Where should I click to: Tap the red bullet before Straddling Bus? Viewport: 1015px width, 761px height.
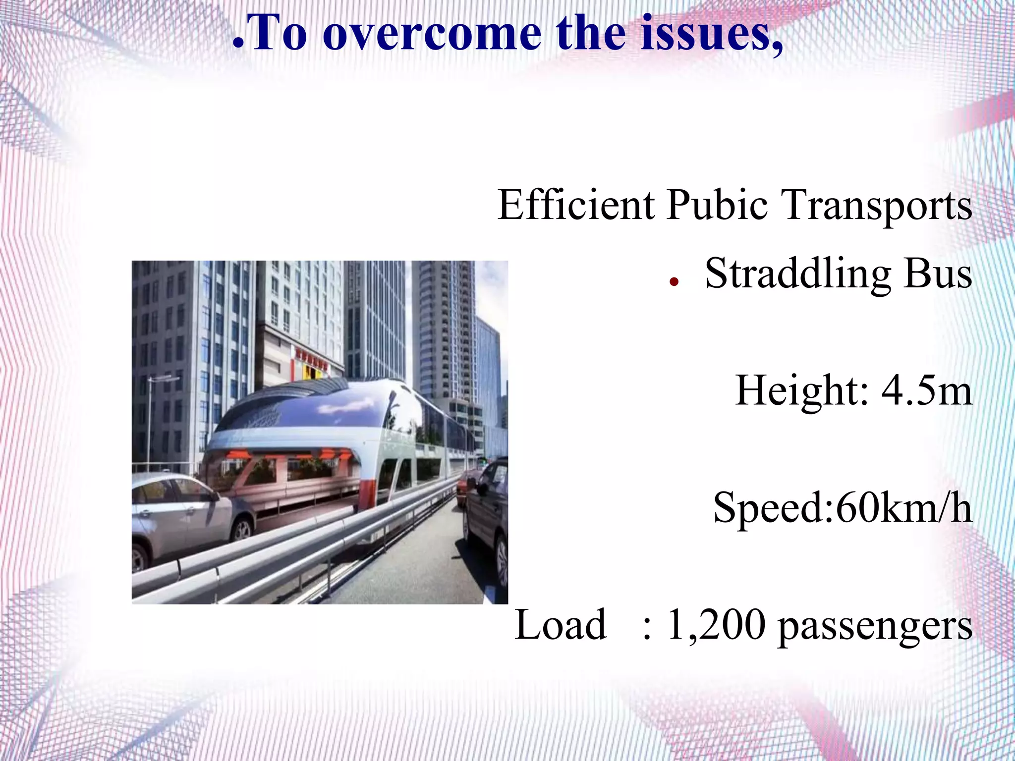pos(674,282)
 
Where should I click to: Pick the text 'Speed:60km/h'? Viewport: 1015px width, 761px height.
pos(843,508)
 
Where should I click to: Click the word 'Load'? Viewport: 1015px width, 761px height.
pos(561,625)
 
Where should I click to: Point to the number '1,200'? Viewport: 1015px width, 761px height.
pos(716,625)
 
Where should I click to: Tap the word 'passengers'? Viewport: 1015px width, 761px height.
pos(875,626)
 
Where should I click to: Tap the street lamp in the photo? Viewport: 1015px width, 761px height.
pos(150,421)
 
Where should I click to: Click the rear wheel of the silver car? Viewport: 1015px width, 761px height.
pos(242,529)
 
